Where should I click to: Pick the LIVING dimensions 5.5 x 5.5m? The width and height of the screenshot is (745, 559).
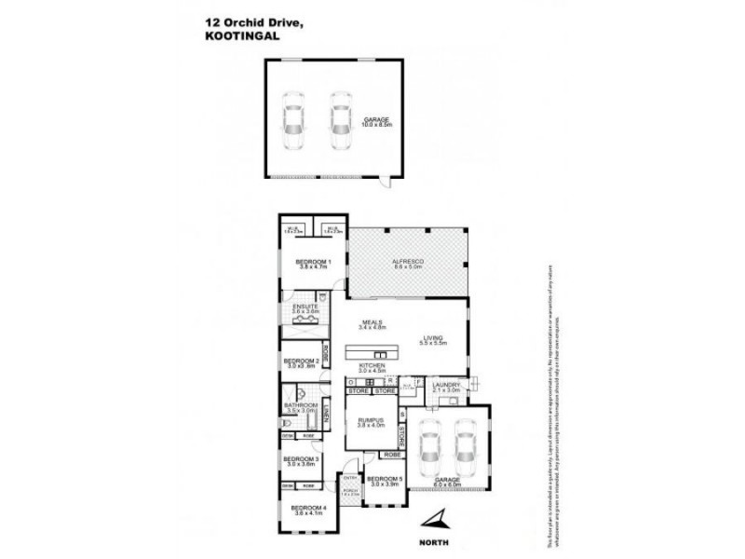coord(435,344)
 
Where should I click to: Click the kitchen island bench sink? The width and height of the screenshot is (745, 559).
coord(379,354)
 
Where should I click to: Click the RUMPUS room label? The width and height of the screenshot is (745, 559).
coord(371,420)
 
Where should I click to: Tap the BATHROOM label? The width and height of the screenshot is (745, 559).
coord(301,405)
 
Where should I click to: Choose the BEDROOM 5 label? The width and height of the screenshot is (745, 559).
coord(386,479)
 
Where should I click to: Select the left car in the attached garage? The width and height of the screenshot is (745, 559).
coord(429,449)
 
